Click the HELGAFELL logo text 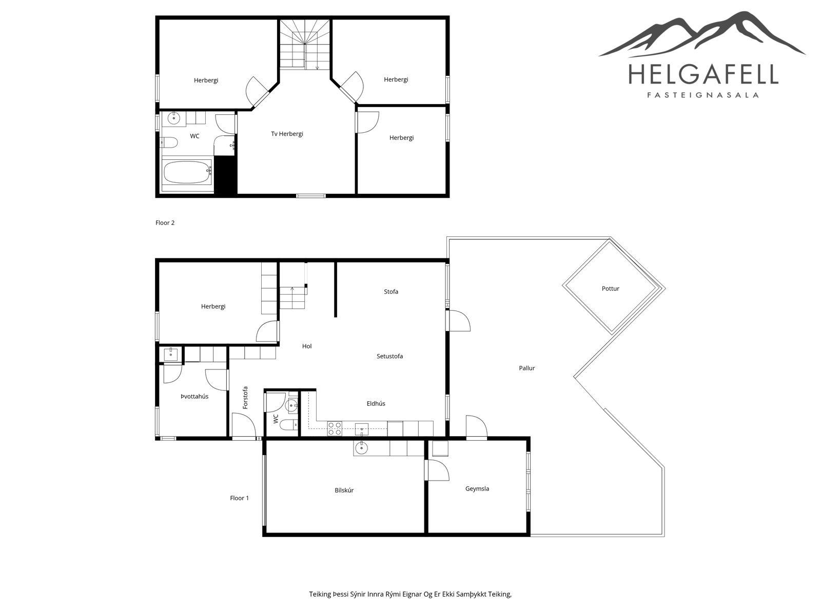point(703,74)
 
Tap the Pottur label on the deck point(610,289)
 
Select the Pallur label point(526,368)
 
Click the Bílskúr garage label point(344,490)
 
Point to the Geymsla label point(477,489)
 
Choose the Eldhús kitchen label point(376,403)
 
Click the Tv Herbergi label point(287,134)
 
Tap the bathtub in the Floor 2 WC point(187,172)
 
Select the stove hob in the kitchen point(335,428)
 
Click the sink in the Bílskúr point(361,448)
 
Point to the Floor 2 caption point(165,223)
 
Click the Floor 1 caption point(240,498)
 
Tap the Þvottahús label point(194,397)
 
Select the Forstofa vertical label point(245,398)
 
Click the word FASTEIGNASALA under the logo point(703,95)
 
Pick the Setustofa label point(389,356)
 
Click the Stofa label point(391,292)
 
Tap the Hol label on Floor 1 point(307,346)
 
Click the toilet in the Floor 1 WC point(289,424)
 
